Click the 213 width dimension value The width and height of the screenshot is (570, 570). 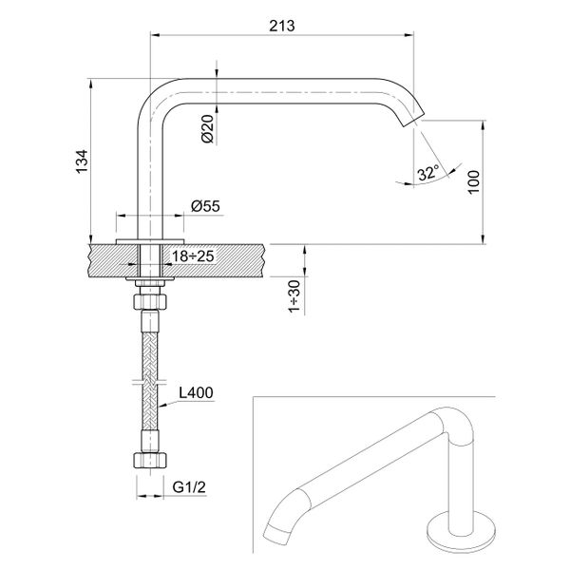coord(282,26)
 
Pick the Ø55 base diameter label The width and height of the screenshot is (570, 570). coord(205,206)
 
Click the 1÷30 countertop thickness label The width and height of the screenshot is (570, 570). coord(295,294)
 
